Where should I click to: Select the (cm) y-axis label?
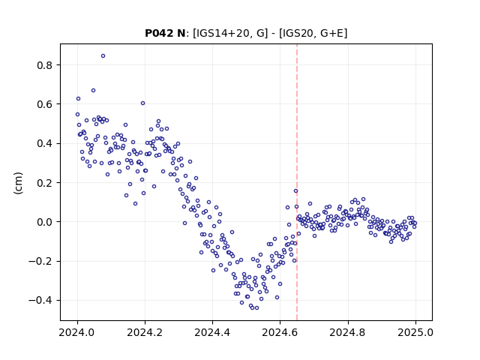pos(18,183)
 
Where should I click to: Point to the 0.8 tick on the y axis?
pos(45,65)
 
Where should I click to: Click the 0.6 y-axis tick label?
pos(45,104)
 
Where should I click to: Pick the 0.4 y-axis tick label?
pos(45,143)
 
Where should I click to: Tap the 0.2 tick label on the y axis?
pos(45,183)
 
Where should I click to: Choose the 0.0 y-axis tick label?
pos(45,222)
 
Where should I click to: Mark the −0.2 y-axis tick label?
pos(41,261)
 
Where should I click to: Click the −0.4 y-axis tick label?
pos(41,300)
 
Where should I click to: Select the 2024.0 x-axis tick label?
pos(77,332)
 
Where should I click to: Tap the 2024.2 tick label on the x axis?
pos(145,332)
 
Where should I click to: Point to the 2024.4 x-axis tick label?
pos(212,332)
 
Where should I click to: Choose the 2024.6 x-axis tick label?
pos(280,332)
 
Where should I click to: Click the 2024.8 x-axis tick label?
pos(348,332)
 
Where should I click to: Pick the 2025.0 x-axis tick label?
pos(415,332)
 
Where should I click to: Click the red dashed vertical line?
pos(297,182)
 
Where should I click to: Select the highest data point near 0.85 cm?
pos(103,56)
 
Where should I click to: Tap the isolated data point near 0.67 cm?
pos(93,90)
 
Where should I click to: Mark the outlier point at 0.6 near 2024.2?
pos(142,103)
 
